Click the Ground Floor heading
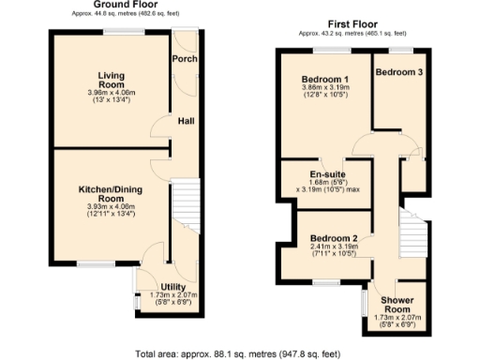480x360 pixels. pyautogui.click(x=125, y=7)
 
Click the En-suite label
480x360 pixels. pyautogui.click(x=328, y=173)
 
